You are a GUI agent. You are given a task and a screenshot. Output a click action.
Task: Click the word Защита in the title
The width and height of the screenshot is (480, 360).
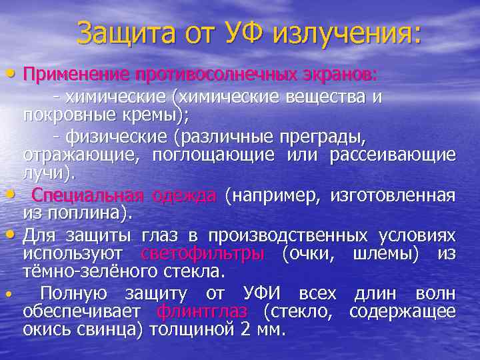(126, 33)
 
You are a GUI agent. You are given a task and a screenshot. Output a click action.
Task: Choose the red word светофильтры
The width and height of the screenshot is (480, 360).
(203, 254)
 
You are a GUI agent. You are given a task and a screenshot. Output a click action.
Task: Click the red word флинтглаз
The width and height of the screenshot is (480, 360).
(203, 311)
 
